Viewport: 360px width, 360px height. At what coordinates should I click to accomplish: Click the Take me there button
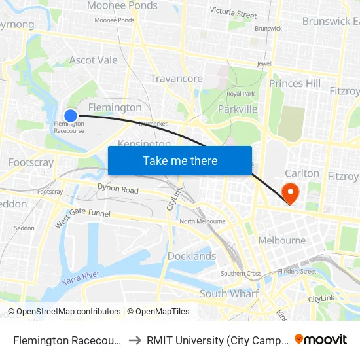point(180,160)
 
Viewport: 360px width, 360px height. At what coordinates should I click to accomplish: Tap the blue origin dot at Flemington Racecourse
point(71,116)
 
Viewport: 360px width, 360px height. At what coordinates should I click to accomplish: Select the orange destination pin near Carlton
point(289,192)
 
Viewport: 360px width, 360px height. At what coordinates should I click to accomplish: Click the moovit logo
point(321,339)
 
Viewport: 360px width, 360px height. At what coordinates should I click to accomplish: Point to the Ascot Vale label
point(94,60)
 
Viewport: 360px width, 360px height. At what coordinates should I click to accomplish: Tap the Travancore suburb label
point(176,79)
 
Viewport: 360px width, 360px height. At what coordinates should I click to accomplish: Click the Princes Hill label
point(295,83)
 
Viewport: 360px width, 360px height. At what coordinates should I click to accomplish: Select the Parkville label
point(238,109)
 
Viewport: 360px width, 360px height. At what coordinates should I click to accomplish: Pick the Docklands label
point(191,256)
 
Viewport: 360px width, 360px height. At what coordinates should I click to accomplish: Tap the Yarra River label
point(83,279)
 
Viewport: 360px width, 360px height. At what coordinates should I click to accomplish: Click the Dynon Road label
point(118,190)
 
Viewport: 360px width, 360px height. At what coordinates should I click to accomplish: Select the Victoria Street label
point(233,12)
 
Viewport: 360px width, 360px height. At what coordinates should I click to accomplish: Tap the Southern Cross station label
point(241,273)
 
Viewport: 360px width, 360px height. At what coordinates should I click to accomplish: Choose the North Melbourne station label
point(197,221)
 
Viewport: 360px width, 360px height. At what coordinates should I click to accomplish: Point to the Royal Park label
point(240,94)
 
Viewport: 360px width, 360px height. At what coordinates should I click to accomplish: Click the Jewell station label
point(264,63)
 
